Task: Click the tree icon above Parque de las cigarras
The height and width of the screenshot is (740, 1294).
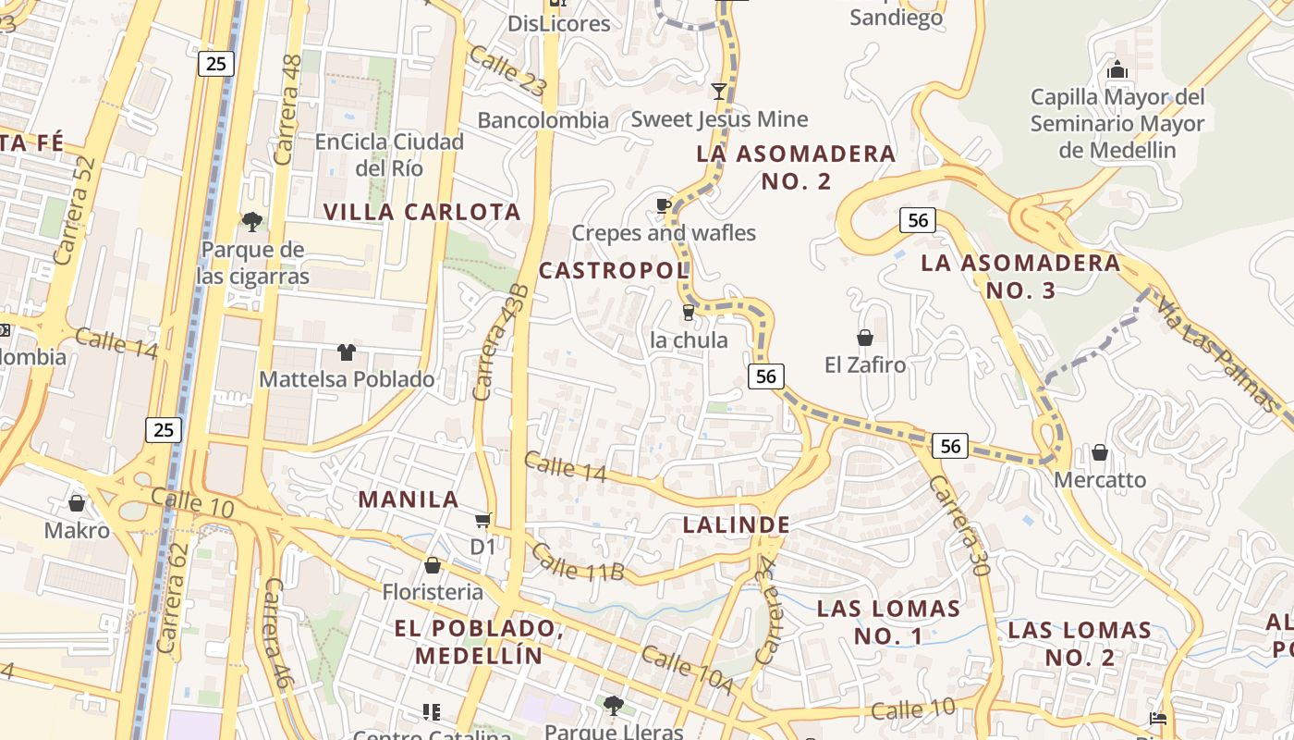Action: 251,221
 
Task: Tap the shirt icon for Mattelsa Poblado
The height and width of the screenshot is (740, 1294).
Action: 347,351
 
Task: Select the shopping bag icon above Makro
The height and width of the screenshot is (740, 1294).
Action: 77,503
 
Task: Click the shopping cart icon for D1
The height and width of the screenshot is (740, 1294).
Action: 482,521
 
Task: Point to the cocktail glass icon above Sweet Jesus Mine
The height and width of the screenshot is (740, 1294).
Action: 719,91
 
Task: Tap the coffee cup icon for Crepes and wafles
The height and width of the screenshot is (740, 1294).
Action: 663,205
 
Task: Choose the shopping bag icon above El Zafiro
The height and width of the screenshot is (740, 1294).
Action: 865,338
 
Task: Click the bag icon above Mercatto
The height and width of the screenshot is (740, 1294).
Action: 1100,452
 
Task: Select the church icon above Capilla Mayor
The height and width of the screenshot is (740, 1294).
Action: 1117,69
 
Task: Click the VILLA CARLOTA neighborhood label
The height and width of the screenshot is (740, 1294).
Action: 421,212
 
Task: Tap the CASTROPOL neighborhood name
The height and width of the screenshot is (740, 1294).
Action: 614,271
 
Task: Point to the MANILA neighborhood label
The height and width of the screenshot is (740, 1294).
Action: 409,499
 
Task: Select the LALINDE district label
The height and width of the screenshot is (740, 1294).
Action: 737,525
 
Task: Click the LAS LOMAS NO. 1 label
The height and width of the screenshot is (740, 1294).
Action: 888,622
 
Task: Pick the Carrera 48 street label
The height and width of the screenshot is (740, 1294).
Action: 289,110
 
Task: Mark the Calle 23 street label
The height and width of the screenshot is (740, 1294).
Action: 507,70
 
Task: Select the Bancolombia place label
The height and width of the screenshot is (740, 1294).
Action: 543,119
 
